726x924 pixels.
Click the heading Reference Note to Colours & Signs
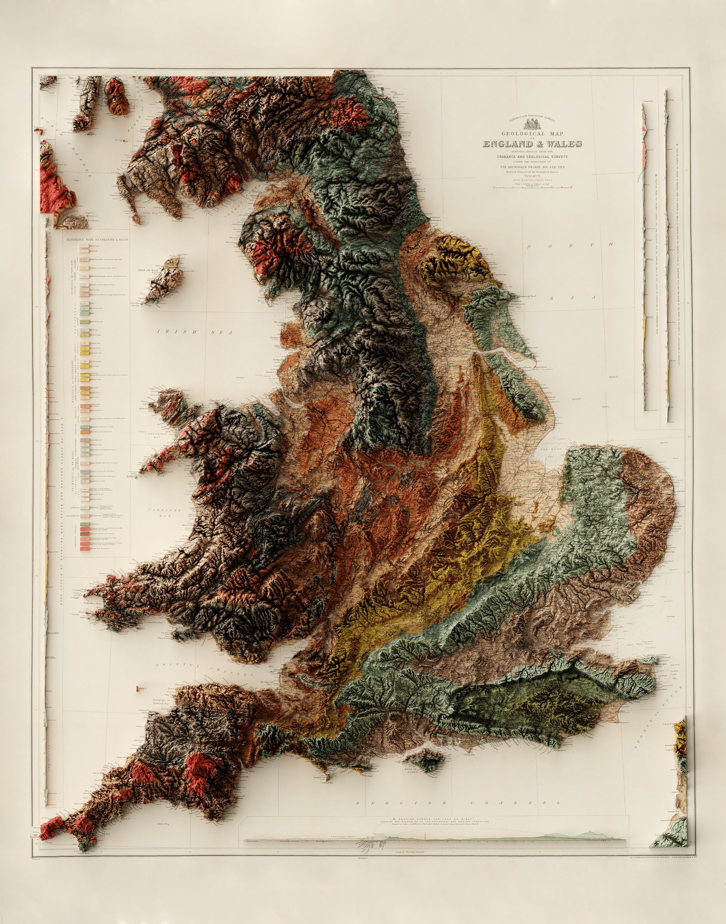[97, 239]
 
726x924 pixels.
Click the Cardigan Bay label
[165, 513]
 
